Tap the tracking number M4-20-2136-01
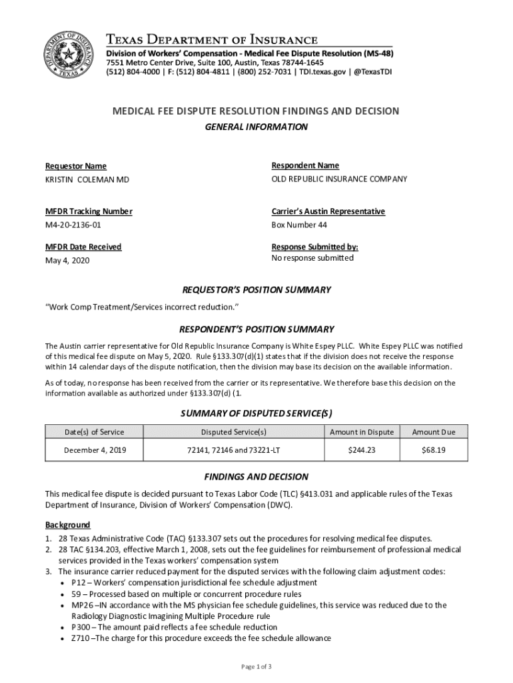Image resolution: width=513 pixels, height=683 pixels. pyautogui.click(x=73, y=225)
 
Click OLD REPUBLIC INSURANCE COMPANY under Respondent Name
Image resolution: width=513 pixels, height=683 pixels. pyautogui.click(x=339, y=179)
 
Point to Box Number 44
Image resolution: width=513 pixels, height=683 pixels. pyautogui.click(x=299, y=225)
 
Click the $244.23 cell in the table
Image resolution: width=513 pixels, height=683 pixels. pyautogui.click(x=362, y=450)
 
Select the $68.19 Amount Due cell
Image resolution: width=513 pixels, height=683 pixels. pyautogui.click(x=434, y=450)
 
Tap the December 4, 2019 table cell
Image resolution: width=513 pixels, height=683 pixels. pyautogui.click(x=94, y=450)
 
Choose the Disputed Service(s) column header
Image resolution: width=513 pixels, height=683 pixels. pyautogui.click(x=234, y=432)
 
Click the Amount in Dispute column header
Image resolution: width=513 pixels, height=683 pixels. pyautogui.click(x=362, y=432)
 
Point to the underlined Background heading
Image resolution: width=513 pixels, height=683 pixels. pyautogui.click(x=67, y=525)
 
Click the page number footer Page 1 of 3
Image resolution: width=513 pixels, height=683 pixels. pyautogui.click(x=256, y=667)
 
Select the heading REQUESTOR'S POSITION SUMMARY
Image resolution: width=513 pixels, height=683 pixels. pyautogui.click(x=256, y=290)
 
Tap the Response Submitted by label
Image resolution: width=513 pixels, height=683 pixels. pyautogui.click(x=314, y=247)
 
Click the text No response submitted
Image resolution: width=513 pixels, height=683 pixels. pyautogui.click(x=312, y=258)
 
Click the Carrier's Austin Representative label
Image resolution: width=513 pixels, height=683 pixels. pyautogui.click(x=328, y=211)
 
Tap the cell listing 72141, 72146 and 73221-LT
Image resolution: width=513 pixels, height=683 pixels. pyautogui.click(x=234, y=450)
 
